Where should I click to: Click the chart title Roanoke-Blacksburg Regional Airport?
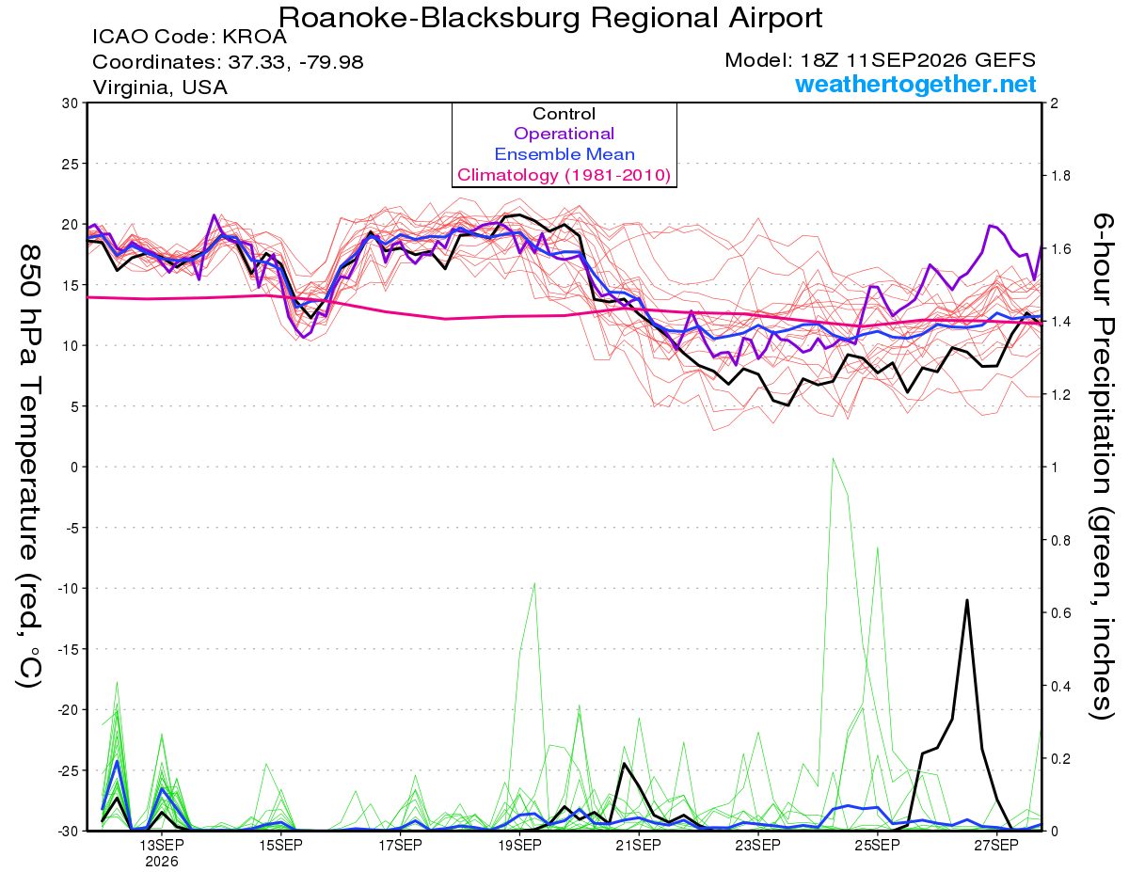point(550,18)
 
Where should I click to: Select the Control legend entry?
point(564,114)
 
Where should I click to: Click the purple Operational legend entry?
point(564,134)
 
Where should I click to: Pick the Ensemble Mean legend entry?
point(564,154)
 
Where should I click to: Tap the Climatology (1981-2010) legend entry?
point(564,175)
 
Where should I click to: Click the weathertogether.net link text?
point(915,84)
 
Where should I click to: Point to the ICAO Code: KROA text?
point(189,37)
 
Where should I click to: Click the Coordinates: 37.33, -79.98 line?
point(228,62)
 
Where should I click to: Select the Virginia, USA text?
point(160,87)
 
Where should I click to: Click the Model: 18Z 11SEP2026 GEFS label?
point(880,60)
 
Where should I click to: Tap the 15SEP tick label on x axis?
point(280,845)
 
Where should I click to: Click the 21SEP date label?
point(639,845)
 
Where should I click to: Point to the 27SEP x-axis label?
point(996,845)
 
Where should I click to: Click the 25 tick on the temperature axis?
point(71,164)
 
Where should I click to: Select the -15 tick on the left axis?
point(68,649)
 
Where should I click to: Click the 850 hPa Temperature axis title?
point(29,467)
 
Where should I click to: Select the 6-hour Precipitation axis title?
point(1102,467)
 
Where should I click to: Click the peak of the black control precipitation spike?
point(966,600)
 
